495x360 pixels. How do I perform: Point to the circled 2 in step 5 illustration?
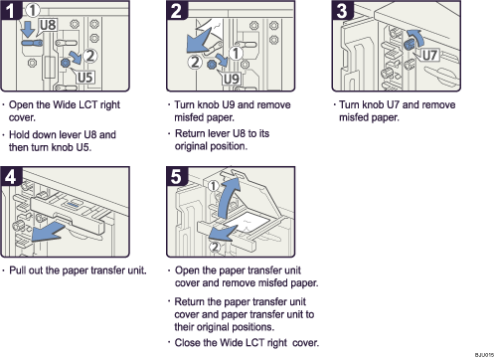[x=213, y=248]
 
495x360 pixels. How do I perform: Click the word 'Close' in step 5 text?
[x=193, y=344]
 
